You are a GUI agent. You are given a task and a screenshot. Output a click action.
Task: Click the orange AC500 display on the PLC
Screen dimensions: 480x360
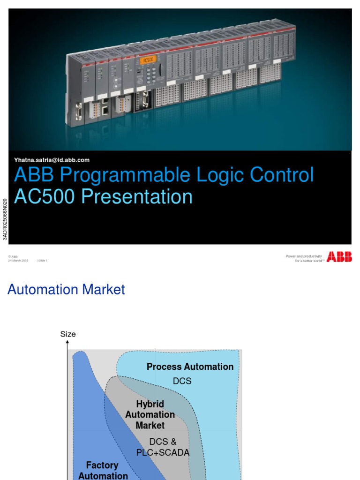(148, 60)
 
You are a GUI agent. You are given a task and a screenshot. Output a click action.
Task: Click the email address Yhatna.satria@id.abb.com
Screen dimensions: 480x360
(52, 160)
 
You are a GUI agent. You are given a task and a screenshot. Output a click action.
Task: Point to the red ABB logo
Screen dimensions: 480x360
(339, 256)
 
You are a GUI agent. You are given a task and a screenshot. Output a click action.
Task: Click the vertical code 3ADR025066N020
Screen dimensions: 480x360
(5, 218)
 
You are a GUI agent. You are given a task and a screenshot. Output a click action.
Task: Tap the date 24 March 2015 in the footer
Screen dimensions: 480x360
(18, 261)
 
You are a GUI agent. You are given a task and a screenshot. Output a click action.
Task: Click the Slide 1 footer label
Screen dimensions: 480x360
(42, 261)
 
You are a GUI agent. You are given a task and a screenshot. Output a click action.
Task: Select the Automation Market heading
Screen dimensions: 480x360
(66, 290)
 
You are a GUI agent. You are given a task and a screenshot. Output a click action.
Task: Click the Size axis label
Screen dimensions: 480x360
(68, 334)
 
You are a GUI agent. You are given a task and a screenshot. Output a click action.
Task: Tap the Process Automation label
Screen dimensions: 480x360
(190, 367)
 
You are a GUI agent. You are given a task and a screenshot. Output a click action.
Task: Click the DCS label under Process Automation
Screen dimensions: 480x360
(182, 381)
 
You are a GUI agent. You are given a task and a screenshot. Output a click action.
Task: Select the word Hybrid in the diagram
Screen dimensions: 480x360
(150, 404)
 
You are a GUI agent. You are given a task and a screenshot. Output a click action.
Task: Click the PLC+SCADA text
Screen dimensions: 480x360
(163, 453)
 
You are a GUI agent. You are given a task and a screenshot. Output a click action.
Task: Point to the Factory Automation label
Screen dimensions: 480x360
(103, 470)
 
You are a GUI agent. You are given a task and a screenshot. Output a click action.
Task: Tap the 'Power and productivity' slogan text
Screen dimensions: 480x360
(304, 256)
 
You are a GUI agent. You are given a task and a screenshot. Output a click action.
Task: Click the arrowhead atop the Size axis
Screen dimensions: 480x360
(67, 343)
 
